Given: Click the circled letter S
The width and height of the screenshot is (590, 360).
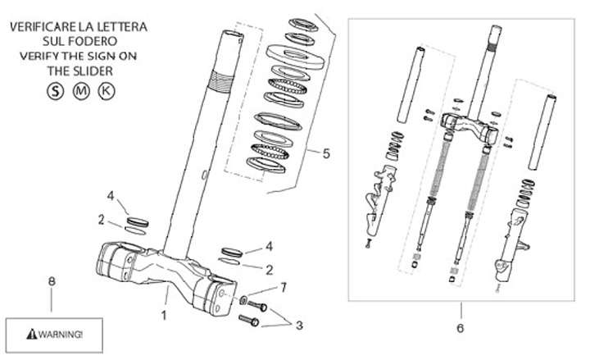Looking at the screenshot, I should pyautogui.click(x=56, y=90).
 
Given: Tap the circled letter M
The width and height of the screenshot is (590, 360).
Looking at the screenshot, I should pyautogui.click(x=79, y=90).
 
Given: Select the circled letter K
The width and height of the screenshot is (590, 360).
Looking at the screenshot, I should pyautogui.click(x=105, y=90).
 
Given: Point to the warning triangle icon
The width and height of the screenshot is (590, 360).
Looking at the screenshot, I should pyautogui.click(x=32, y=335).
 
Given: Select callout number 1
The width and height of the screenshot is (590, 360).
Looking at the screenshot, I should pyautogui.click(x=164, y=314).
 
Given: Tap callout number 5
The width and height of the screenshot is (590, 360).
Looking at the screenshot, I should pyautogui.click(x=325, y=153).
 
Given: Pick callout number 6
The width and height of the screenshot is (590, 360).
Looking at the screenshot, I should pyautogui.click(x=460, y=328).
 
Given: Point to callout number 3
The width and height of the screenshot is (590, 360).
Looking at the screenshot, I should pyautogui.click(x=299, y=325).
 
